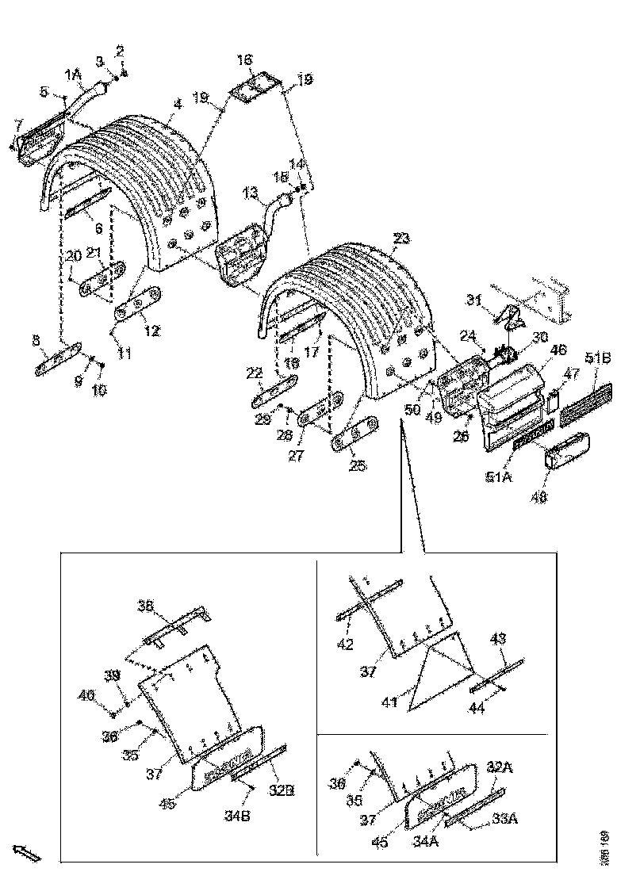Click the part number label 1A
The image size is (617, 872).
pyautogui.click(x=73, y=75)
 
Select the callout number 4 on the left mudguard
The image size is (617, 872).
pyautogui.click(x=178, y=104)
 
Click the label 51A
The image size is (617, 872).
pyautogui.click(x=496, y=477)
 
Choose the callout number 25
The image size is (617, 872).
pyautogui.click(x=358, y=465)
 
